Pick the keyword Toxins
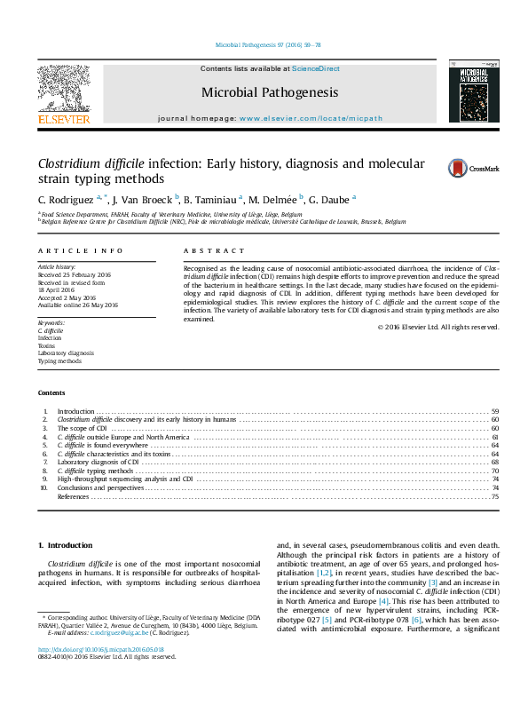pyautogui.click(x=46, y=345)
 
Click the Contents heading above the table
pyautogui.click(x=51, y=392)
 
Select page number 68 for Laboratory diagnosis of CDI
pyautogui.click(x=494, y=463)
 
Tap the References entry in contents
pyautogui.click(x=73, y=497)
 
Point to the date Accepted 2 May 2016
pyautogui.click(x=68, y=297)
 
